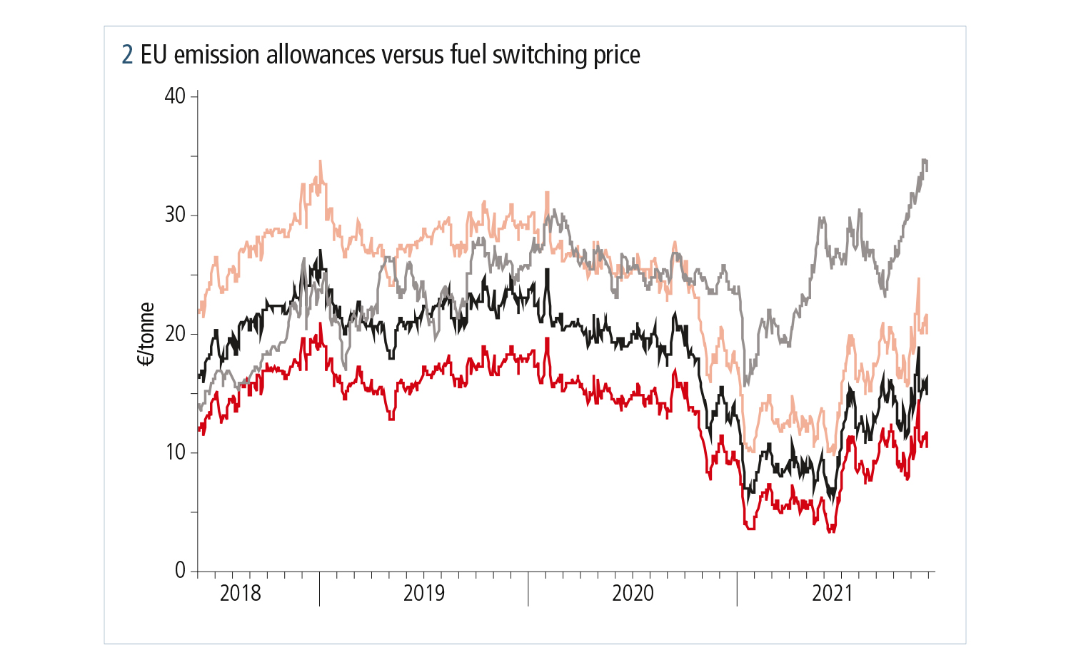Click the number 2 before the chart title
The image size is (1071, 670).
[x=128, y=55]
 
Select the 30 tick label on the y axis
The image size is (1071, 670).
[x=175, y=215]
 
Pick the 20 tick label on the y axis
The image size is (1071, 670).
[x=175, y=334]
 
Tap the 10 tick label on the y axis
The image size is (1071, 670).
[x=175, y=452]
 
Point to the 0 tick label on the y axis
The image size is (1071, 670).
[x=180, y=571]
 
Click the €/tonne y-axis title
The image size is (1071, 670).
[x=146, y=334]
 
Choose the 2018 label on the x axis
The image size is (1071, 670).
[x=241, y=593]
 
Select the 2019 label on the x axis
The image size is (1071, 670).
[x=424, y=593]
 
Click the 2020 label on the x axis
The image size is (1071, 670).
[x=633, y=593]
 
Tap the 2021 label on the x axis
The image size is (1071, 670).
[x=833, y=593]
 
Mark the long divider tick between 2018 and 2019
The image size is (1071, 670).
[x=319, y=589]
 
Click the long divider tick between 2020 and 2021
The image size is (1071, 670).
[x=737, y=589]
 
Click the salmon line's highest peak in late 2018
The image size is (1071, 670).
[x=320, y=162]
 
